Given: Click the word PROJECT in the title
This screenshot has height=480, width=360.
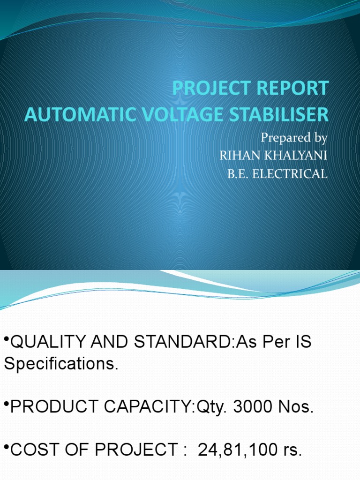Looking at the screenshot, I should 209,89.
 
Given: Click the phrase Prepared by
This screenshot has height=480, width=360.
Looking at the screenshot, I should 293,138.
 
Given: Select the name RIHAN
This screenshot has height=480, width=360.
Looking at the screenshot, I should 238,156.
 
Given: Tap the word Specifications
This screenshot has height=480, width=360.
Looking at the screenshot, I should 60,364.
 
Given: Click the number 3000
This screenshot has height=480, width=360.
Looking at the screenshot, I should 255,406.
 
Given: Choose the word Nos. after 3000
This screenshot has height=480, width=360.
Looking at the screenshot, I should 296,406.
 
